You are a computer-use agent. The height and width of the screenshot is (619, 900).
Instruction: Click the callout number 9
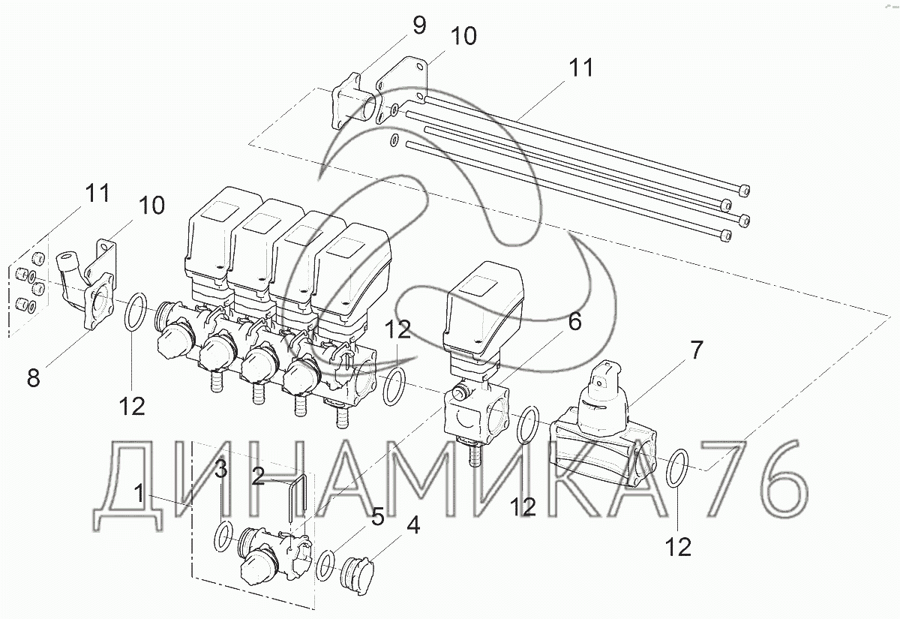pyautogui.click(x=418, y=26)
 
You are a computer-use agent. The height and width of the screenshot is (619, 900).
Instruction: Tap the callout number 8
pyautogui.click(x=33, y=378)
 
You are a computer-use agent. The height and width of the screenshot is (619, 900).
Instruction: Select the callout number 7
pyautogui.click(x=696, y=350)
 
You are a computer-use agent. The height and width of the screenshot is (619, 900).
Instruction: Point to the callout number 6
pyautogui.click(x=575, y=322)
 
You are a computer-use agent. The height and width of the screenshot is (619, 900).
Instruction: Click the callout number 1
pyautogui.click(x=139, y=493)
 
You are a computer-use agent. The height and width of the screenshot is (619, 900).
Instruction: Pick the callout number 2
pyautogui.click(x=258, y=476)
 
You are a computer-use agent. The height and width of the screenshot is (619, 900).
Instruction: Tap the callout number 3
pyautogui.click(x=220, y=469)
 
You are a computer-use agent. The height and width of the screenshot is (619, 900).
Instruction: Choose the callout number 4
pyautogui.click(x=413, y=525)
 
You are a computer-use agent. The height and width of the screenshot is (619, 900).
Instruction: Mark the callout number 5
pyautogui.click(x=378, y=516)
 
